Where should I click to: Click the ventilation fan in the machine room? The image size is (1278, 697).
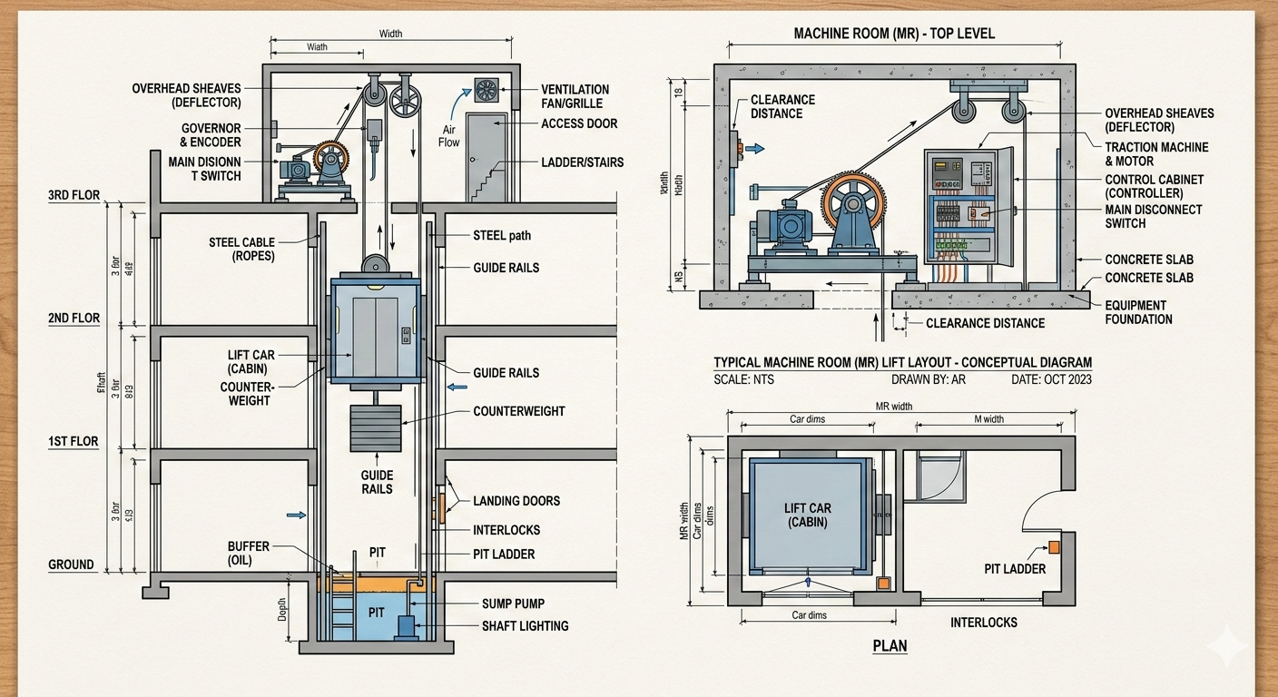487,90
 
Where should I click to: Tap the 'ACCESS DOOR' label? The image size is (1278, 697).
579,123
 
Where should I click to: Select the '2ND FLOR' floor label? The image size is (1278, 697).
74,319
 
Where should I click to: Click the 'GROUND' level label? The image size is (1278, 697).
71,564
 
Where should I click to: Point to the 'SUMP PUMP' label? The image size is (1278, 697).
513,604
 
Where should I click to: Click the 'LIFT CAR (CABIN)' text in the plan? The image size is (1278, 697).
808,515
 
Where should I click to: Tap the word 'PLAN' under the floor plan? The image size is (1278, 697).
890,646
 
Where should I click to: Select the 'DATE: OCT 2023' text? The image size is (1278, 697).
1051,379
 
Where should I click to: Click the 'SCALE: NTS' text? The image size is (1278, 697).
744,379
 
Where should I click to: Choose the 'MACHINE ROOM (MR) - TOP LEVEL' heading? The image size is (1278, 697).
894,34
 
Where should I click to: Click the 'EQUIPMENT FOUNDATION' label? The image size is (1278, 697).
1139,312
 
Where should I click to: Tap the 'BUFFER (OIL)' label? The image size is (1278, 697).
249,554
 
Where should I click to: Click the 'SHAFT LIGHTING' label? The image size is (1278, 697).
525,625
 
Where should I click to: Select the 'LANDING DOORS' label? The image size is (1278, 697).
516,501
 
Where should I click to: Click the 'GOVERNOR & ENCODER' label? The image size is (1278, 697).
211,135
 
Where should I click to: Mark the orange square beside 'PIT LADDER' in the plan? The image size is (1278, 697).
1054,546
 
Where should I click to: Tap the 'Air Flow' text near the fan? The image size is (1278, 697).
449,136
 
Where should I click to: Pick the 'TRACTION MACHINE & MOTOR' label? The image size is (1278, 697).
1156,153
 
